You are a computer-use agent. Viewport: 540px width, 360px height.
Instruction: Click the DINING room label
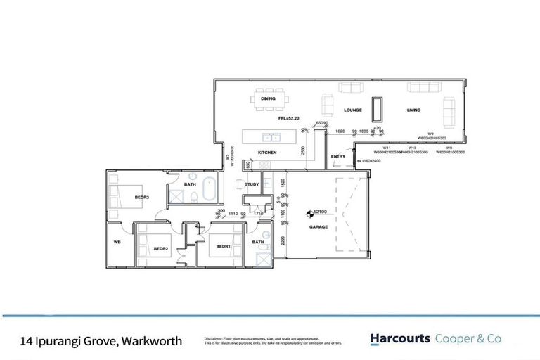[x=269, y=99]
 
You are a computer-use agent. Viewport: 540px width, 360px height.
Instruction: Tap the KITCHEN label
[x=267, y=153]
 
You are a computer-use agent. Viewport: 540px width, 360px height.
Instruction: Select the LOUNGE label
[x=352, y=111]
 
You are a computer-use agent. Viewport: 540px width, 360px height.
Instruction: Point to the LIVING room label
[x=413, y=111]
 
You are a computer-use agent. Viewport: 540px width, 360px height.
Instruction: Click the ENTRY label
[x=338, y=156]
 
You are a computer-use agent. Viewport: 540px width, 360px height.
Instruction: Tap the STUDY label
[x=252, y=184]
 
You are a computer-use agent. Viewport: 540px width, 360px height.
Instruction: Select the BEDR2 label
[x=161, y=248]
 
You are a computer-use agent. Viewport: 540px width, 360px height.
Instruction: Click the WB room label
[x=117, y=242]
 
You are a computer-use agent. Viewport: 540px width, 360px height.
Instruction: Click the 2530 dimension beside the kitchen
[x=302, y=149]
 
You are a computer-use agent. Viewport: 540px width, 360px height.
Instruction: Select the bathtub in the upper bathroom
[x=209, y=191]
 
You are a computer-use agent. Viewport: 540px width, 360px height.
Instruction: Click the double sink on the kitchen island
[x=269, y=136]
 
